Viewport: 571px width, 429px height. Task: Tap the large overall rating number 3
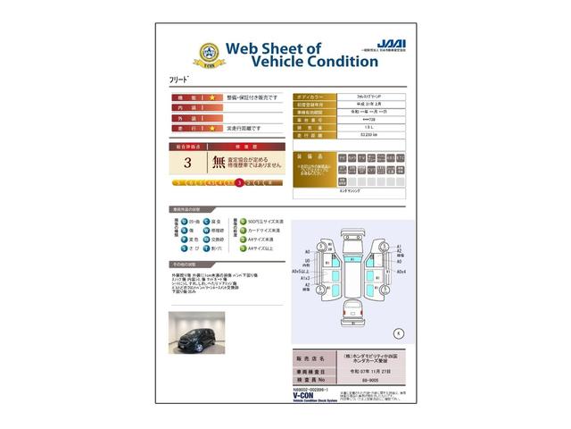[187, 163]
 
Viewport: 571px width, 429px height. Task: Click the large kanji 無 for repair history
[219, 163]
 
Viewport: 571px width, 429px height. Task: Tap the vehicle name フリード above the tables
[180, 80]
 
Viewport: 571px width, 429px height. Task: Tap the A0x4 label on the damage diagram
[401, 271]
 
